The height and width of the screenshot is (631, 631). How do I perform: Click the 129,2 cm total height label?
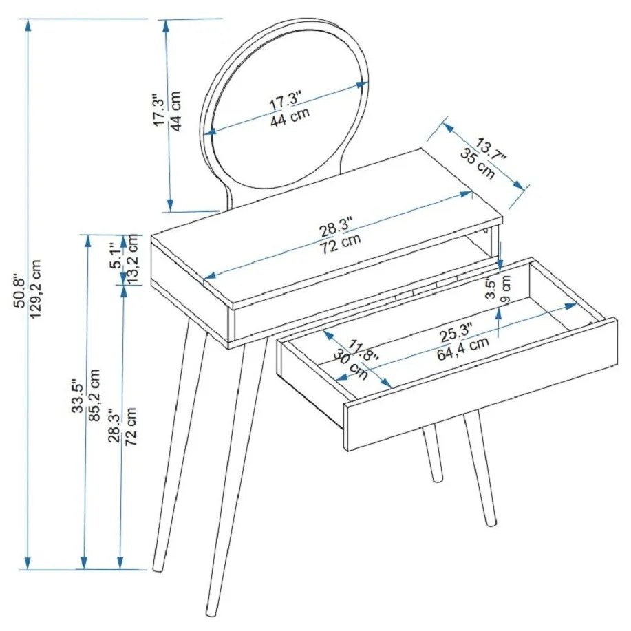tap(36, 288)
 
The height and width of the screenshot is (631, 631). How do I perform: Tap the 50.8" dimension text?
tap(19, 292)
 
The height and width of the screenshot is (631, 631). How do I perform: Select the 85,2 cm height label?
tap(94, 395)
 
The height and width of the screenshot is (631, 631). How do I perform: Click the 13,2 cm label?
tap(133, 259)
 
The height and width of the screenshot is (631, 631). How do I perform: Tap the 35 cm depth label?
tap(478, 163)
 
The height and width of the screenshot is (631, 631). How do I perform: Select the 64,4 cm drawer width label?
tap(463, 348)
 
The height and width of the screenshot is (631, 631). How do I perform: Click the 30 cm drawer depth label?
tap(350, 365)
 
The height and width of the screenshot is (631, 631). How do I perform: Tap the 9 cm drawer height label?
tap(506, 289)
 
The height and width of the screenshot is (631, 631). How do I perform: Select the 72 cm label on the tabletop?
tap(341, 244)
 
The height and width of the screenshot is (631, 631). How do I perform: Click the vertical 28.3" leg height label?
tap(115, 426)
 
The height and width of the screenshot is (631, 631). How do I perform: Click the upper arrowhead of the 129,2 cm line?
tap(28, 25)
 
